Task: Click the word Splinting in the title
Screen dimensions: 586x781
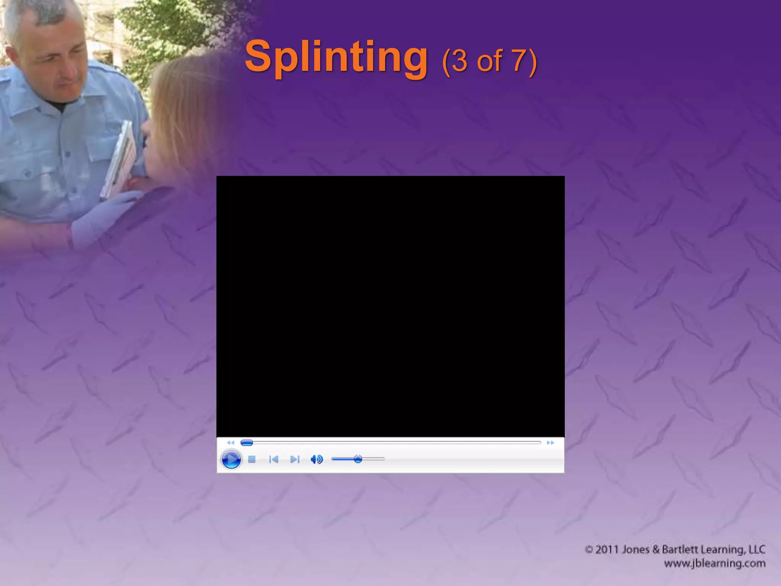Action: point(336,57)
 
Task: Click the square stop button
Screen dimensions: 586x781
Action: point(252,459)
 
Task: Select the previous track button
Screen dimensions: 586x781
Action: point(273,459)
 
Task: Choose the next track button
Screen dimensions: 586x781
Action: point(295,459)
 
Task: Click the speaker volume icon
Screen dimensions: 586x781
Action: point(317,459)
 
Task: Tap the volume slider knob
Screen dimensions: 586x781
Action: point(358,459)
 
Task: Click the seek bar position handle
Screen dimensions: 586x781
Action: point(247,443)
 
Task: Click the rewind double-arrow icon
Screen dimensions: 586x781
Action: point(230,443)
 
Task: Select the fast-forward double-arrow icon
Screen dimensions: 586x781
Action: point(550,443)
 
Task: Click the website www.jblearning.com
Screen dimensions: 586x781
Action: point(715,563)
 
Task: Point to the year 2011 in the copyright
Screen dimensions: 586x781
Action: point(607,550)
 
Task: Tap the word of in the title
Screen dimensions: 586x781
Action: point(490,61)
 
